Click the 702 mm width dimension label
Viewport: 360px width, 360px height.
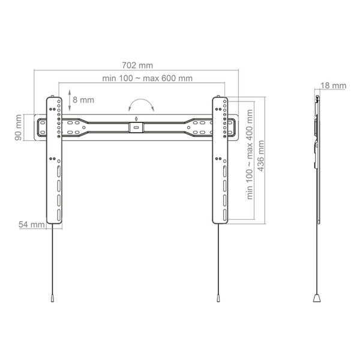point(137,65)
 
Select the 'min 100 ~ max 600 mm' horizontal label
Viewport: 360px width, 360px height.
point(147,78)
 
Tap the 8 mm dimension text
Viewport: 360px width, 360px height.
point(83,100)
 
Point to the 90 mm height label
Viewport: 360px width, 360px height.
point(19,127)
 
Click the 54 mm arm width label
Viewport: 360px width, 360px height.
point(32,224)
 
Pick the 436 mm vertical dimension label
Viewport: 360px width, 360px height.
point(261,156)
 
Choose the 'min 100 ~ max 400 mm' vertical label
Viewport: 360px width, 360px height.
point(250,155)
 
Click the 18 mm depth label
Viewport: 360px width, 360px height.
point(333,86)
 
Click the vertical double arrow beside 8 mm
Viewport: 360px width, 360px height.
point(70,100)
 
